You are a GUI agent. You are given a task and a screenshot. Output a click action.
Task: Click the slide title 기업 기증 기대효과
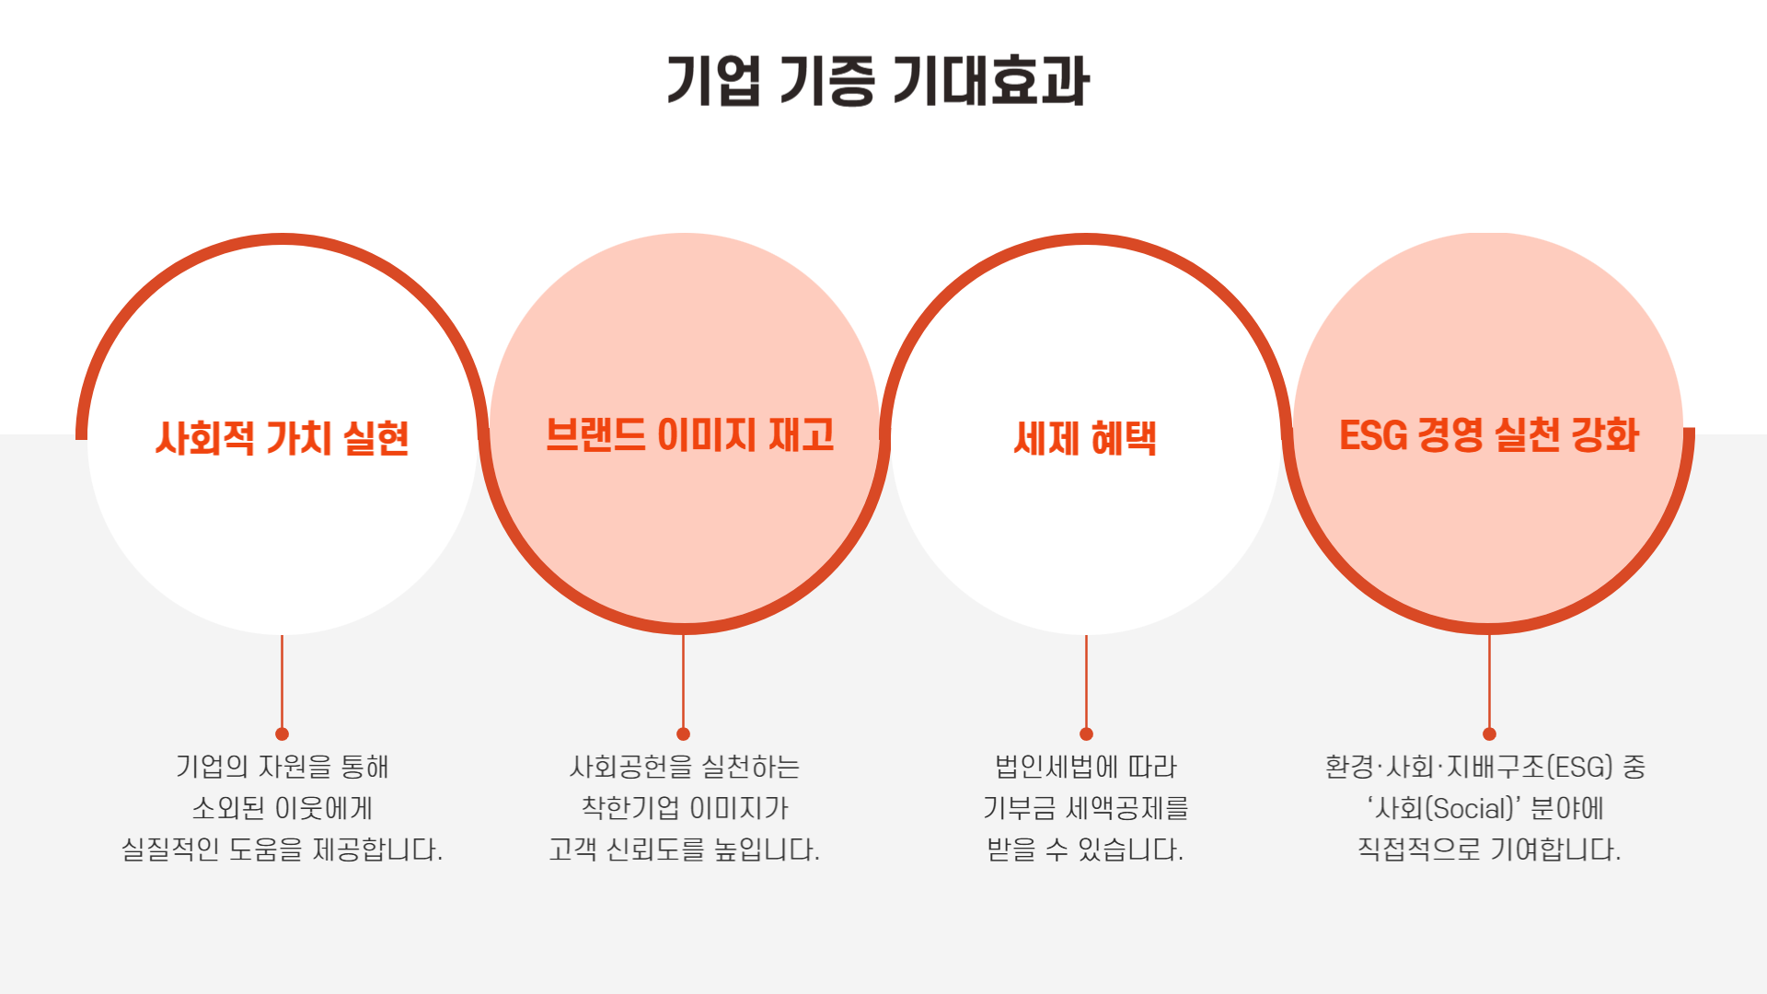point(878,81)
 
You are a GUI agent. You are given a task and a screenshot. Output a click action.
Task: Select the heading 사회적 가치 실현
point(282,438)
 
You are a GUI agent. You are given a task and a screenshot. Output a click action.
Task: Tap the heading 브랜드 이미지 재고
point(689,435)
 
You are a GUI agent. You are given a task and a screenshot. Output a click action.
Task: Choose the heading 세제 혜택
point(1085,438)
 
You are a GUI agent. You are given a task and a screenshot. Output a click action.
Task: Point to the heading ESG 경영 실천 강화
point(1488,435)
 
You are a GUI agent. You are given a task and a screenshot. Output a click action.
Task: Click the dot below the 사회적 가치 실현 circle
point(282,734)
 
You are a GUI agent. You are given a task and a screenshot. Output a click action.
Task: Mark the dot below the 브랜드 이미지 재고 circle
point(683,734)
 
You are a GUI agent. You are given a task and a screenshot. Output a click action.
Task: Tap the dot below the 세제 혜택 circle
point(1086,734)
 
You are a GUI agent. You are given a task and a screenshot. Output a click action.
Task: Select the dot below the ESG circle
point(1489,734)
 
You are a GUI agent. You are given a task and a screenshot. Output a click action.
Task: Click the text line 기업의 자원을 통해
point(282,767)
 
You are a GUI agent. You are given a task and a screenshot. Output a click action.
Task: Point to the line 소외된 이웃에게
point(282,808)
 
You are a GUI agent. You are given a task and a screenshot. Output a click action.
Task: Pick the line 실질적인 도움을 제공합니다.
point(282,849)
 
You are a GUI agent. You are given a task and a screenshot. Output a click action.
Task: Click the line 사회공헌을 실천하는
point(684,767)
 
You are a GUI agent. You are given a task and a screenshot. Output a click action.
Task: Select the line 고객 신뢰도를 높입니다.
point(684,849)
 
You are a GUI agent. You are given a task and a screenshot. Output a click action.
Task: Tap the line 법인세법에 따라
point(1086,767)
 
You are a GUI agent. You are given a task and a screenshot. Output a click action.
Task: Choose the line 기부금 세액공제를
point(1086,808)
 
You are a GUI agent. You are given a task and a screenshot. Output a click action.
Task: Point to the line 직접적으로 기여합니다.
point(1489,849)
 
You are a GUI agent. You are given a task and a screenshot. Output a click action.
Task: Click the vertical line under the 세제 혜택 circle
point(1086,681)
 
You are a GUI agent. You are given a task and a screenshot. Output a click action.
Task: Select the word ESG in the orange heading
point(1373,435)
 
